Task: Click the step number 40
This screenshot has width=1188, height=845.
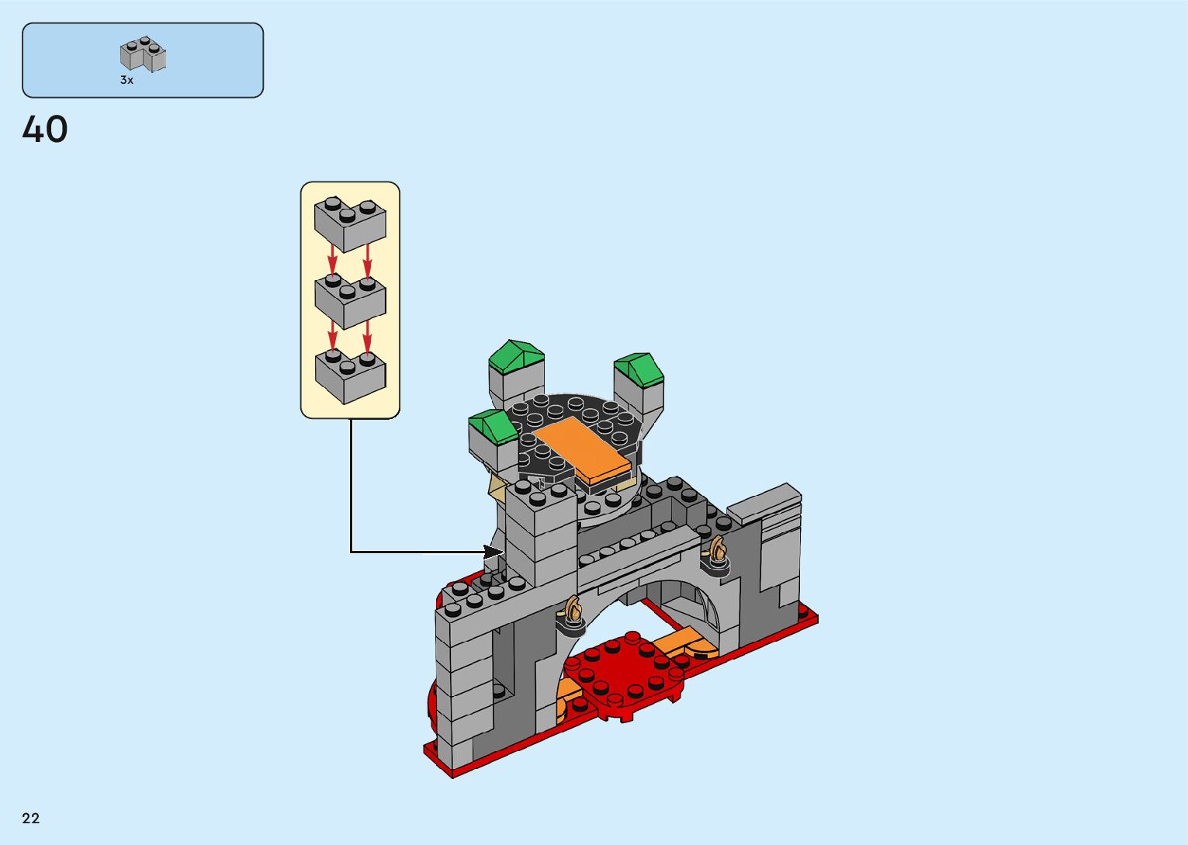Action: (45, 130)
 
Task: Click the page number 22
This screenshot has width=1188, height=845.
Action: (31, 819)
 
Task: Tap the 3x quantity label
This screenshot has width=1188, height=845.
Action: (126, 80)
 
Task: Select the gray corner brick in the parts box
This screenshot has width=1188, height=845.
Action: (143, 54)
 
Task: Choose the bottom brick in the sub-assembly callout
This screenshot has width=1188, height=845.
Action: (350, 376)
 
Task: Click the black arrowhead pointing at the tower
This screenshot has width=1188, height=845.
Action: (494, 552)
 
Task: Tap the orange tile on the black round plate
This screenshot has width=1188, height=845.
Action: (582, 451)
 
